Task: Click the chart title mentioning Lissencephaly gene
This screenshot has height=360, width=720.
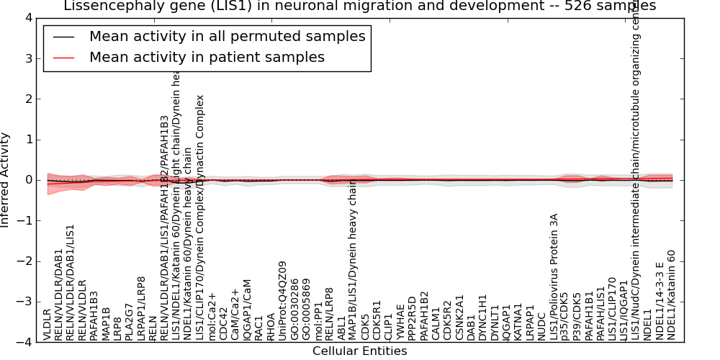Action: (x=359, y=6)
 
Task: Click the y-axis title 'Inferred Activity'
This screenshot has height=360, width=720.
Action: (x=6, y=179)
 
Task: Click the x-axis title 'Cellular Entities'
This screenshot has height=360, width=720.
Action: (x=359, y=351)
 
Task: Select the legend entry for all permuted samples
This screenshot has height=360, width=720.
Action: (x=227, y=36)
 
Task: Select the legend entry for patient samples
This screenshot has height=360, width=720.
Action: (x=207, y=57)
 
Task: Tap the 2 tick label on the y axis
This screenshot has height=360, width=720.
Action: (x=27, y=99)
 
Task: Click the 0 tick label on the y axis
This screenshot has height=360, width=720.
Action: (x=27, y=180)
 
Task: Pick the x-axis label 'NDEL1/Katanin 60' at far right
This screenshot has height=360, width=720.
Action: (x=672, y=294)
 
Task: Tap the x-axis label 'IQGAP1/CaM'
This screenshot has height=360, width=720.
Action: (x=248, y=310)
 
